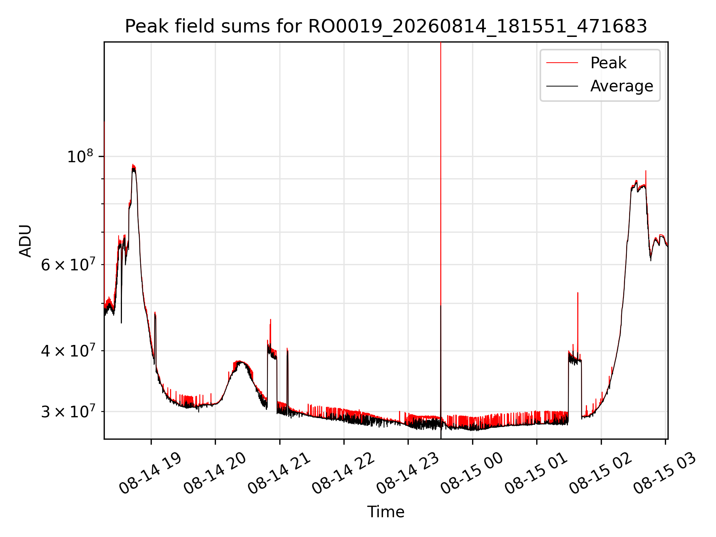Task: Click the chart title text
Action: pos(386,26)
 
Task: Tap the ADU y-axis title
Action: pos(25,241)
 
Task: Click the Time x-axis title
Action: pos(386,512)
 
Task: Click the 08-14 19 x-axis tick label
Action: pos(150,472)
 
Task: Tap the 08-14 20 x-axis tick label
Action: pos(214,472)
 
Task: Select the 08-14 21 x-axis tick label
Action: pos(279,472)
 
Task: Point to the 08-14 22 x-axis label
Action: pos(343,472)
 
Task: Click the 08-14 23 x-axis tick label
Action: pos(407,472)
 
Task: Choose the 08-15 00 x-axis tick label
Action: pos(471,472)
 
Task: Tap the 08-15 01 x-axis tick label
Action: pos(536,472)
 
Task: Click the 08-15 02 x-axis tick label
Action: pos(600,472)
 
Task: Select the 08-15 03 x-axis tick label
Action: pos(665,472)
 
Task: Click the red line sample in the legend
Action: pos(562,63)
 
